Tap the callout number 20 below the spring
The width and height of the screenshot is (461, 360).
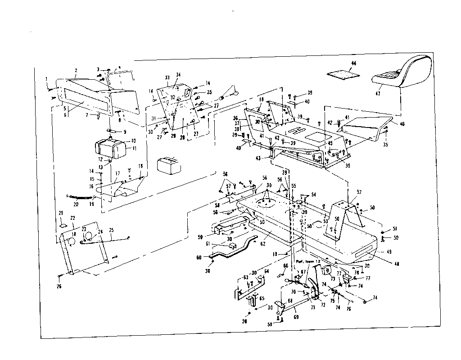coord(76,204)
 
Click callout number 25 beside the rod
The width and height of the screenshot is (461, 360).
coord(111,230)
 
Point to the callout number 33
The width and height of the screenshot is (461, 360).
coord(167,77)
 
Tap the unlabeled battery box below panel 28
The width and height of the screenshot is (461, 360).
coord(168,164)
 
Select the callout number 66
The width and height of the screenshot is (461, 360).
coord(285,265)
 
